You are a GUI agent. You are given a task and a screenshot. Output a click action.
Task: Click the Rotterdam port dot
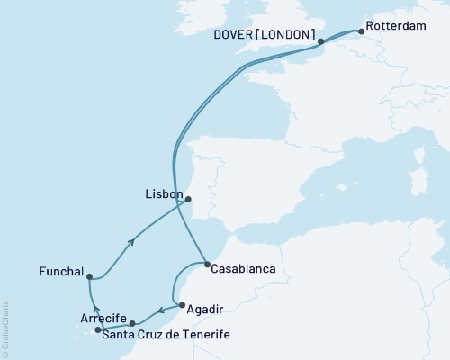[x=361, y=32]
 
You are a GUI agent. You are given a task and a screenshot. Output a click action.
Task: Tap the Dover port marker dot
[x=320, y=41]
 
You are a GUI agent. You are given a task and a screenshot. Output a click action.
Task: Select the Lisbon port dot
[x=189, y=201]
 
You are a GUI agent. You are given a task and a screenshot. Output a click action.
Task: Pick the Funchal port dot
[x=89, y=277]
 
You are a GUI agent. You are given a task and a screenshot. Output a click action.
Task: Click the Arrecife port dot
[x=132, y=322]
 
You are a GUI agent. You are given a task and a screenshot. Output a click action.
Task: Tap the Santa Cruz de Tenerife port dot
[x=98, y=330]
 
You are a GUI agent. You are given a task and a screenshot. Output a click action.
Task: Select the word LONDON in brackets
[x=289, y=35]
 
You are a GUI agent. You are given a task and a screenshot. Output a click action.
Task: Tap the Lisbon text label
[x=164, y=194]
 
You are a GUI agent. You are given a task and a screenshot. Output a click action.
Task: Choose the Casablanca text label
[x=247, y=268]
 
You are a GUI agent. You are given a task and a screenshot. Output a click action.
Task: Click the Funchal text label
[x=61, y=271]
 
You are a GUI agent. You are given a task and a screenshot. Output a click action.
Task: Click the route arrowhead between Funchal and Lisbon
[x=133, y=240]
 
